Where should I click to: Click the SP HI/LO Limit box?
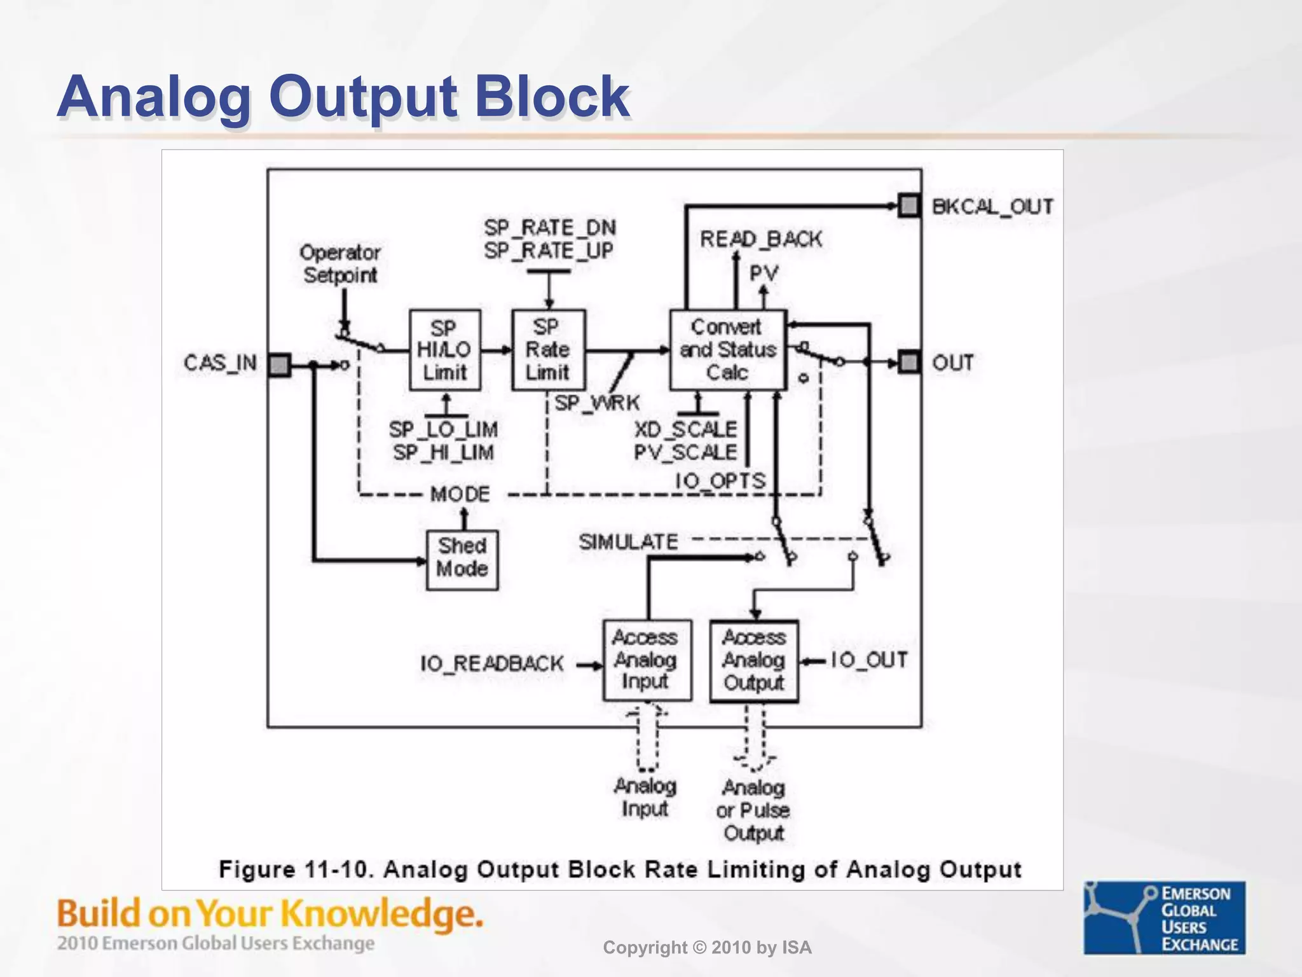[444, 349]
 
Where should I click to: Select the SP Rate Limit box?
[548, 349]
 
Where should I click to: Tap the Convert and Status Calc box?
[728, 349]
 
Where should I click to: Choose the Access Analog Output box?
[754, 660]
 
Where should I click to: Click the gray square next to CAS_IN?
[279, 364]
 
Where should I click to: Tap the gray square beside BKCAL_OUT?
[909, 205]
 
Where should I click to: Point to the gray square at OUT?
[909, 362]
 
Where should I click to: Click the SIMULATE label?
[628, 542]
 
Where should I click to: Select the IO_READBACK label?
[491, 664]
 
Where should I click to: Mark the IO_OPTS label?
[720, 481]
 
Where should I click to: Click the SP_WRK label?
[597, 403]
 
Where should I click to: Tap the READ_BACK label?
[761, 239]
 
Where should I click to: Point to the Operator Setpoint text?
[340, 263]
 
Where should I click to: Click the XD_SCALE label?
[685, 429]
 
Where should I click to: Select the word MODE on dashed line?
[460, 494]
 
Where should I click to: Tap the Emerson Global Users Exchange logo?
[1164, 918]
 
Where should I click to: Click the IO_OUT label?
[869, 660]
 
